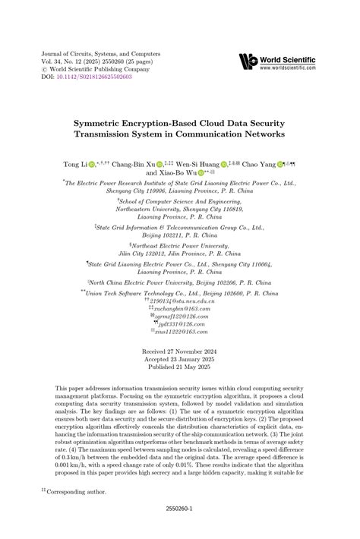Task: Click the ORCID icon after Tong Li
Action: [x=92, y=164]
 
